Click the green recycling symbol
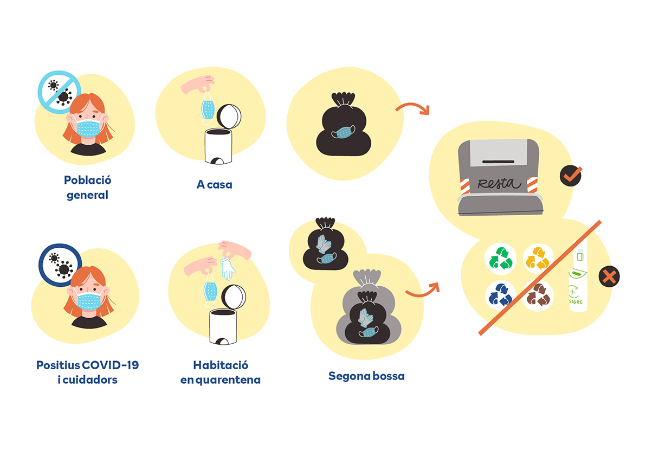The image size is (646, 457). (501, 258)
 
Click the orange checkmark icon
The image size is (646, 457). (571, 176)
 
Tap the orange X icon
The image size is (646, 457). (609, 278)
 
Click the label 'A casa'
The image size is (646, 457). (214, 184)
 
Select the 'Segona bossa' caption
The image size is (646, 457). (366, 376)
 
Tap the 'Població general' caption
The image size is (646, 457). (87, 187)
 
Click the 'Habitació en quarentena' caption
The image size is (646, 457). (220, 372)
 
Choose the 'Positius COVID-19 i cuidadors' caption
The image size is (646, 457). (87, 372)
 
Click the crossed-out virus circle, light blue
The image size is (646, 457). (59, 91)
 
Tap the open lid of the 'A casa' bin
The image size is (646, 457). (229, 116)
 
